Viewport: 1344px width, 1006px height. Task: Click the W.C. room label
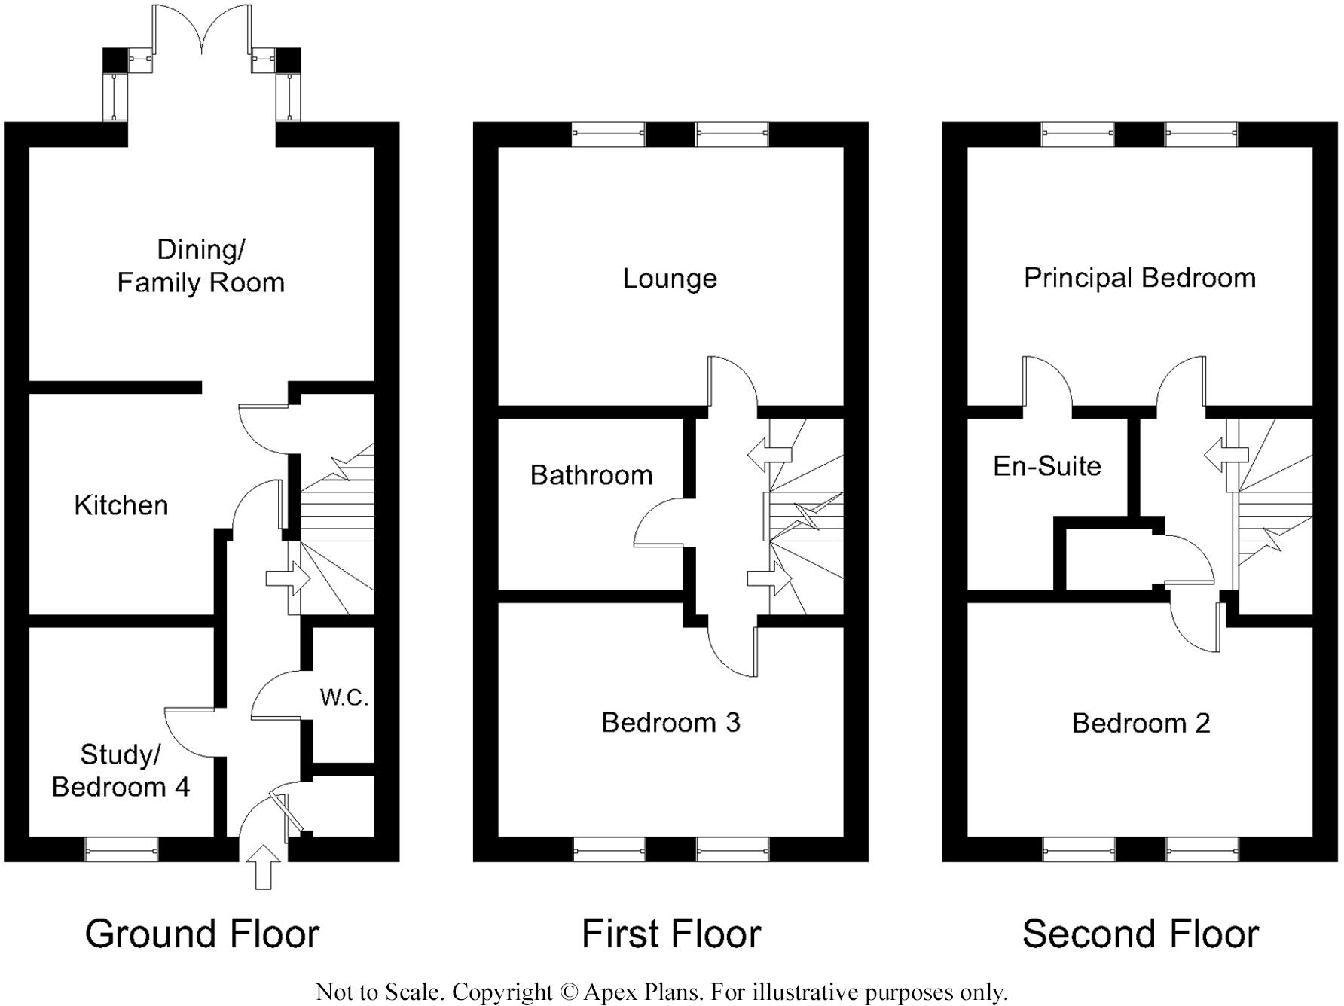tap(344, 697)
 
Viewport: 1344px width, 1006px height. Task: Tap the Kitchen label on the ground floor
tap(121, 505)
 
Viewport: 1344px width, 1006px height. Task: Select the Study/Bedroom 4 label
tap(121, 770)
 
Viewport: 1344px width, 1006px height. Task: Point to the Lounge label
tap(669, 279)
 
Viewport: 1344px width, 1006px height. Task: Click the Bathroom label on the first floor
tap(591, 475)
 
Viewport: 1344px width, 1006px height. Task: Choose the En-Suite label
tap(1046, 466)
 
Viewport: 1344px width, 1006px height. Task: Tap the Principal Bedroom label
tap(1139, 278)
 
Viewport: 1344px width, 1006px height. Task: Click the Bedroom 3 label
tap(670, 722)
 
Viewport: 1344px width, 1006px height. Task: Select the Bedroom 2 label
tap(1141, 723)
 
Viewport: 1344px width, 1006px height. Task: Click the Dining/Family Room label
tap(200, 266)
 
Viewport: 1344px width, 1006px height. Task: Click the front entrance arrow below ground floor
tap(263, 867)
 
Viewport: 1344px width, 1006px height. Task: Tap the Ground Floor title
tap(202, 934)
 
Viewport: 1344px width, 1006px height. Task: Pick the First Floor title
tap(671, 934)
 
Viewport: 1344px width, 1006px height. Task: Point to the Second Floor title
tap(1140, 934)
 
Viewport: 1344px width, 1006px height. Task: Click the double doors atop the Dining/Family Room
tap(202, 30)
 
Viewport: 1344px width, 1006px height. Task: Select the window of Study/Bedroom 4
tap(121, 850)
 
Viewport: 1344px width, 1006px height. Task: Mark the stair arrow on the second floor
tap(1226, 455)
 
